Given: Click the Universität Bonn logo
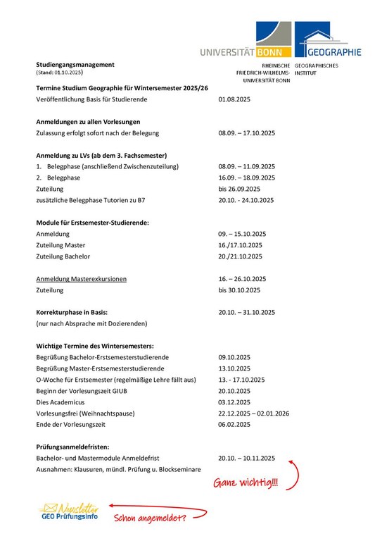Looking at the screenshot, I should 246,42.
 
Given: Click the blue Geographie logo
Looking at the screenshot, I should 328,39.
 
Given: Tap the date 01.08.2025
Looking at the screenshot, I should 235,101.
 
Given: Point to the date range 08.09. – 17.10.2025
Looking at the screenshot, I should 246,132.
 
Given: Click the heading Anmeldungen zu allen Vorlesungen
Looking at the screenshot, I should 88,122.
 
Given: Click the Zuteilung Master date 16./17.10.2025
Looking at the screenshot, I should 240,245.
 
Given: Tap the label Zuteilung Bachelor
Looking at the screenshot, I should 63,256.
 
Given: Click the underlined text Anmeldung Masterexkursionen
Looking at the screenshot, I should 81,279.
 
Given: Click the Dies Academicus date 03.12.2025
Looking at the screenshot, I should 235,402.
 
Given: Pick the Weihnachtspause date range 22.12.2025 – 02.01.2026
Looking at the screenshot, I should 254,413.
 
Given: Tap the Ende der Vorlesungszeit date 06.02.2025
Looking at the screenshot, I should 235,424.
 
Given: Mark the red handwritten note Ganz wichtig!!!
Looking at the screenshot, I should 246,484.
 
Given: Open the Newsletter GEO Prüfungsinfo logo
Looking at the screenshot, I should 68,512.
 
